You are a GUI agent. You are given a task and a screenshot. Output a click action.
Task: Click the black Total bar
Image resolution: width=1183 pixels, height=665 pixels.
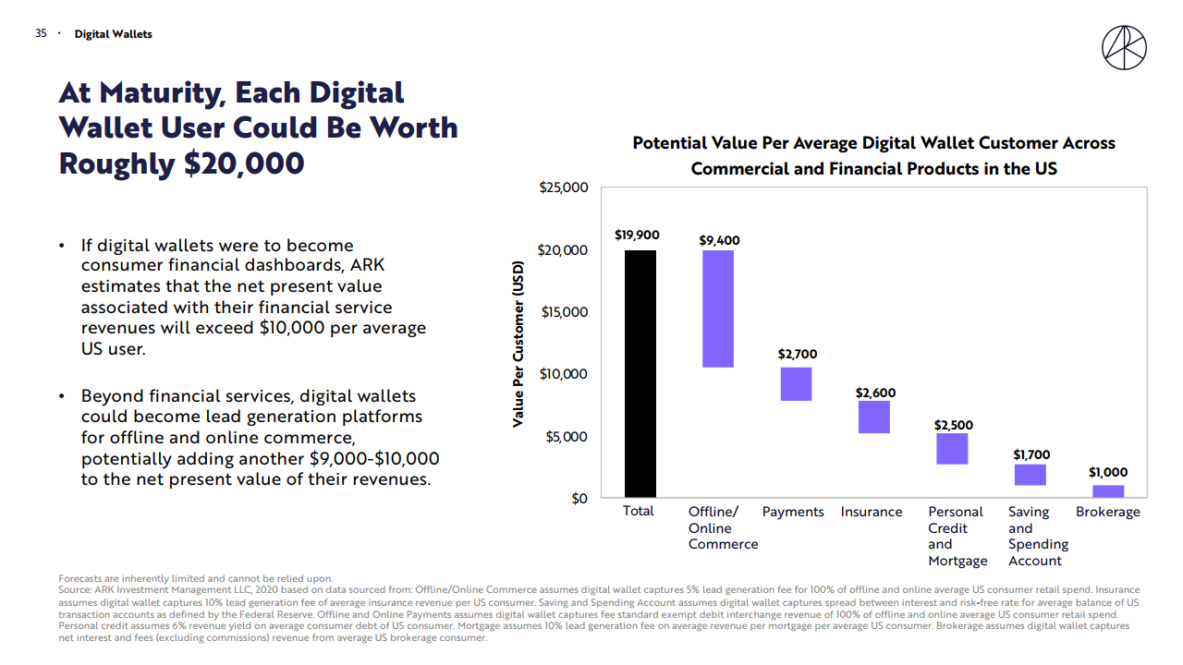(x=640, y=374)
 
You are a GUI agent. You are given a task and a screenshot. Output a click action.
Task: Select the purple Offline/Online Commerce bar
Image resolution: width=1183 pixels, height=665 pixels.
(x=718, y=308)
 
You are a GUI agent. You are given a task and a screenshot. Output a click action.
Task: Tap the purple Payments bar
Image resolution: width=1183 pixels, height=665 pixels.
(x=796, y=384)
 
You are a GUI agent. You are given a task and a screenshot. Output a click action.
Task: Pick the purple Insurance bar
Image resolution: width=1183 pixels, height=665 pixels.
(x=873, y=417)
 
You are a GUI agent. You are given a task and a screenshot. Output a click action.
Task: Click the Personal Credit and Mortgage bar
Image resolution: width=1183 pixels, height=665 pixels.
(x=952, y=449)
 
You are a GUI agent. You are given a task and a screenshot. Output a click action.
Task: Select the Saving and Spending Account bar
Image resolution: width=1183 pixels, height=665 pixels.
(x=1030, y=475)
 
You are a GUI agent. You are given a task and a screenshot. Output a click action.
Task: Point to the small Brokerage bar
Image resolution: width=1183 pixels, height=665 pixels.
(x=1107, y=491)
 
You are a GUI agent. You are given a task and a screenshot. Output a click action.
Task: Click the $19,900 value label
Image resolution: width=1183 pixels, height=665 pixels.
(x=637, y=236)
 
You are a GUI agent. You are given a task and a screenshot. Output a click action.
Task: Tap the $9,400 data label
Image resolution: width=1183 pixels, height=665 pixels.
(x=719, y=241)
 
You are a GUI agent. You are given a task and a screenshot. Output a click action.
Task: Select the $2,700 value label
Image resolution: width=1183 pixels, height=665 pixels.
(x=797, y=355)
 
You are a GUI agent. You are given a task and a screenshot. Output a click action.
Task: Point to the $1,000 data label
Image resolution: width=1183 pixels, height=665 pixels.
(x=1107, y=473)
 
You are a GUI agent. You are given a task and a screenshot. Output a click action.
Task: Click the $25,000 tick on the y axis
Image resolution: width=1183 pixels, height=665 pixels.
(x=563, y=187)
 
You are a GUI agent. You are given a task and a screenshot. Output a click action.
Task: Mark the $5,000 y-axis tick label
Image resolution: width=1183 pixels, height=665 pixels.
(x=567, y=436)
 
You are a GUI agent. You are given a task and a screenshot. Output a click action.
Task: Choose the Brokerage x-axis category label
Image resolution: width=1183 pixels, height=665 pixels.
(x=1107, y=512)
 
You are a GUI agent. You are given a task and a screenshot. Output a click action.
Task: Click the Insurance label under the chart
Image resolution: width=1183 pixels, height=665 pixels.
(x=872, y=512)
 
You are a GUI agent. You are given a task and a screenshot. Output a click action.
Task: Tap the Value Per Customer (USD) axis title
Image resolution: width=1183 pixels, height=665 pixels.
(x=518, y=343)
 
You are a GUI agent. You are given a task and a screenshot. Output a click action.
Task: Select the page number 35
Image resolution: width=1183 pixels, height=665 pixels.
(x=41, y=33)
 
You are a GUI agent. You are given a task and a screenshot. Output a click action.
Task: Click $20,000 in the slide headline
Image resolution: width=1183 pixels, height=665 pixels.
(x=243, y=163)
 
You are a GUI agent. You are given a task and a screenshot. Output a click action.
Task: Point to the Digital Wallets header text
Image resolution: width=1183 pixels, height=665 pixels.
(x=113, y=34)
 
